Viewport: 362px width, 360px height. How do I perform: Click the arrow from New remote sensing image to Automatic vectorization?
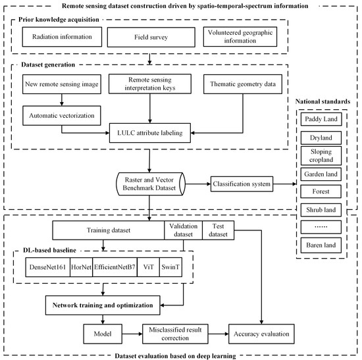(x=61, y=101)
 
